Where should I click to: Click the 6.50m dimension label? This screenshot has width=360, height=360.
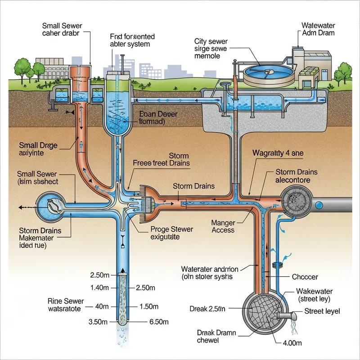click(158, 322)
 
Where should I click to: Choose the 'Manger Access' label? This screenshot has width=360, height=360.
click(223, 226)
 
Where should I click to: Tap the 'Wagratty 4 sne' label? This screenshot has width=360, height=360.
click(278, 153)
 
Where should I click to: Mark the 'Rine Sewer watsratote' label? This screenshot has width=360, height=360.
click(66, 305)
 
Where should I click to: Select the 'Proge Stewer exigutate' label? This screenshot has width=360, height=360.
click(171, 233)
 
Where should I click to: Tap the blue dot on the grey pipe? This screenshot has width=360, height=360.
click(319, 205)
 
